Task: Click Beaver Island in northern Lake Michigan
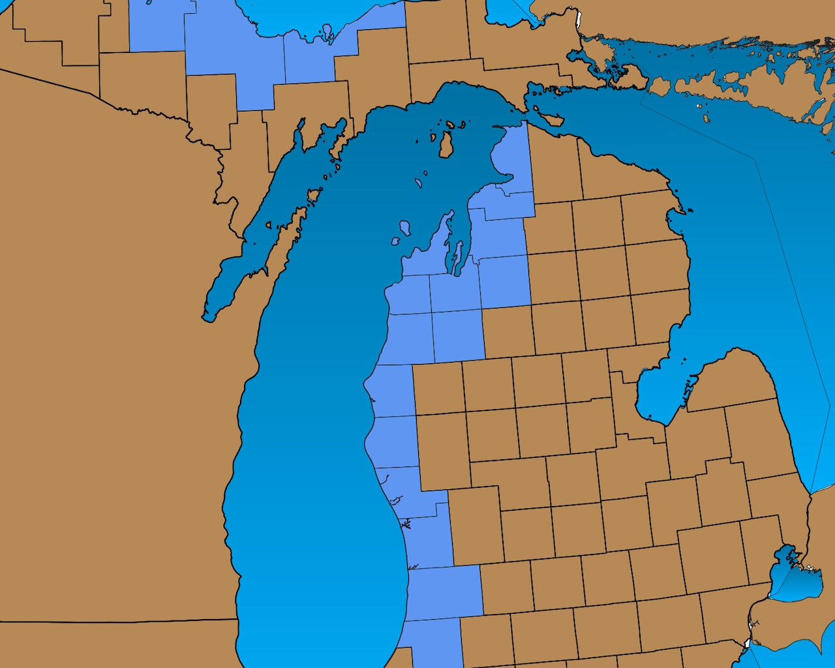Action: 446,144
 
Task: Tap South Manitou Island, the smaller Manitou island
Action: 395,241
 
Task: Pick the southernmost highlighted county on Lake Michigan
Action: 431,643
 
